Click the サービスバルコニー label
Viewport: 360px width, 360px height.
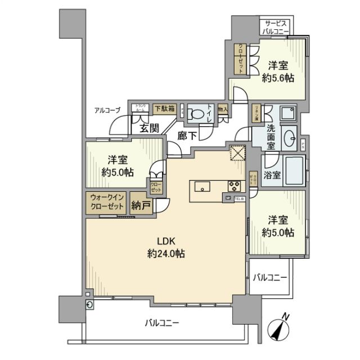point(276,27)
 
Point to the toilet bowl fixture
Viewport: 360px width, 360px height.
point(196,112)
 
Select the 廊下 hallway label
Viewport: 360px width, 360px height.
point(186,136)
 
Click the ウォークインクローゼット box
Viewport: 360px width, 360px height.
point(106,202)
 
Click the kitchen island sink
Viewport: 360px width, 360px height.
point(202,186)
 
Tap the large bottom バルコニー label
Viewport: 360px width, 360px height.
point(161,323)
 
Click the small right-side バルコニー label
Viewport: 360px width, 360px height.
point(269,277)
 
